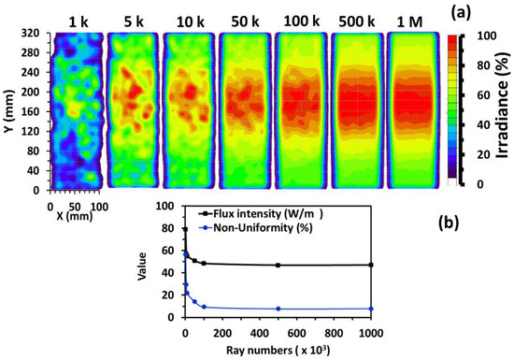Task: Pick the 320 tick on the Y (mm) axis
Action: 32,34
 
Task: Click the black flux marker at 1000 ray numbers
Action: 372,265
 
